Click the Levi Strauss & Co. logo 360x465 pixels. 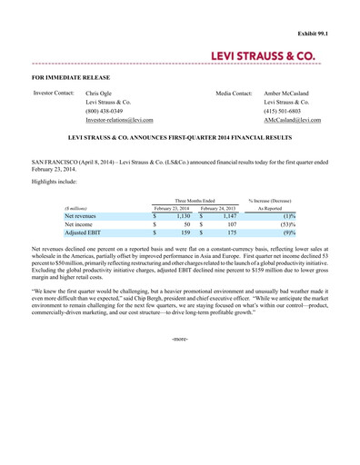264,56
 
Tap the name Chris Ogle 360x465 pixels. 100,94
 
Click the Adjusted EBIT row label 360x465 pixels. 83,233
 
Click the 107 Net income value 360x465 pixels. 231,224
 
